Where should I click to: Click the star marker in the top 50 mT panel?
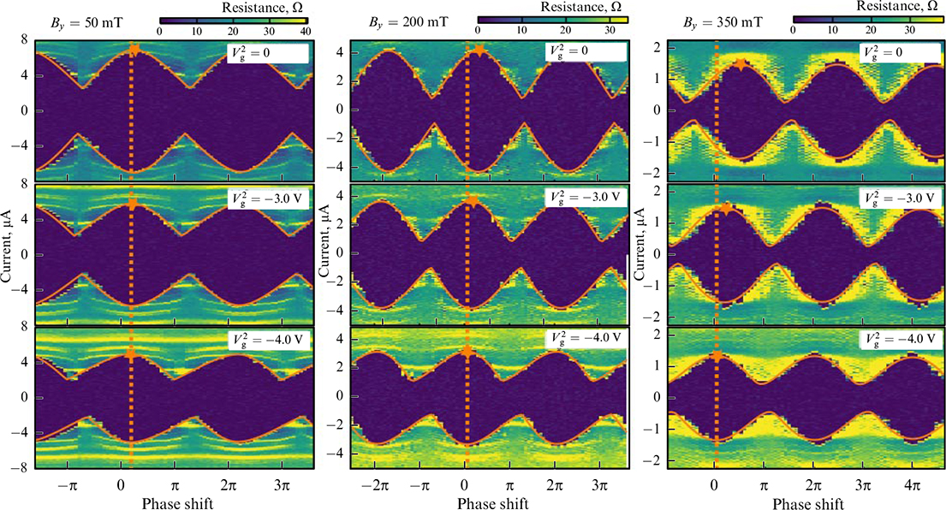point(133,49)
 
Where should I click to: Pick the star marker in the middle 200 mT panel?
point(473,201)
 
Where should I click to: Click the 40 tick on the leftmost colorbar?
point(306,32)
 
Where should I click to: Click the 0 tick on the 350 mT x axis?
point(715,483)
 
